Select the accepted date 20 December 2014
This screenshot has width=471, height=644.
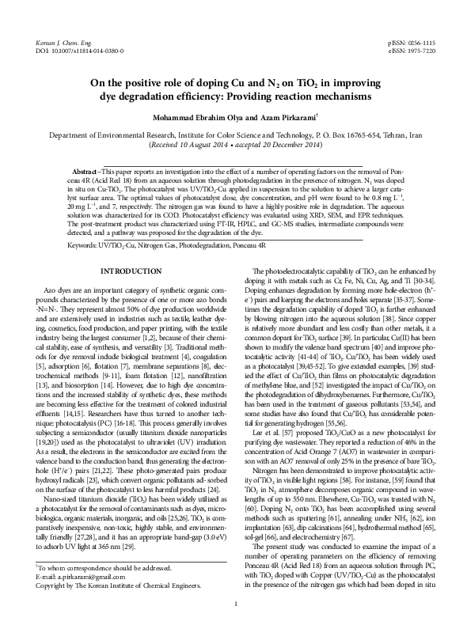(289, 146)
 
